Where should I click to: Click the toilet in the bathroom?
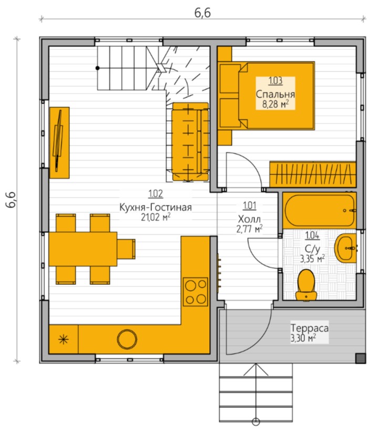click(306, 285)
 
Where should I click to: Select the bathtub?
click(319, 210)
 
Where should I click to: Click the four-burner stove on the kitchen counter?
click(196, 292)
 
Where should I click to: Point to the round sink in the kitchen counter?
click(127, 339)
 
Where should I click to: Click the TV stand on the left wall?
click(59, 142)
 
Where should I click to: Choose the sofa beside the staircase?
click(190, 141)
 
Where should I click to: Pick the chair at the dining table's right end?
click(126, 249)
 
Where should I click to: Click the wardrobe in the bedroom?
click(313, 174)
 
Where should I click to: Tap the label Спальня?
click(275, 94)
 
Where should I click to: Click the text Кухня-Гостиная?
click(156, 207)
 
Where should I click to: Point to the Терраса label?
click(309, 328)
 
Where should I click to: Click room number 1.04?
click(312, 235)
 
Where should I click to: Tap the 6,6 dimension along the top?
click(202, 13)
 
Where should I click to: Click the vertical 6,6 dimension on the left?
click(11, 200)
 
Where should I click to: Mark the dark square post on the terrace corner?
click(360, 358)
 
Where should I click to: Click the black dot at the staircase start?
click(98, 68)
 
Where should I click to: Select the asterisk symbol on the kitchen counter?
click(64, 340)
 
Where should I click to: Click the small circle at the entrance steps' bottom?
click(256, 422)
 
